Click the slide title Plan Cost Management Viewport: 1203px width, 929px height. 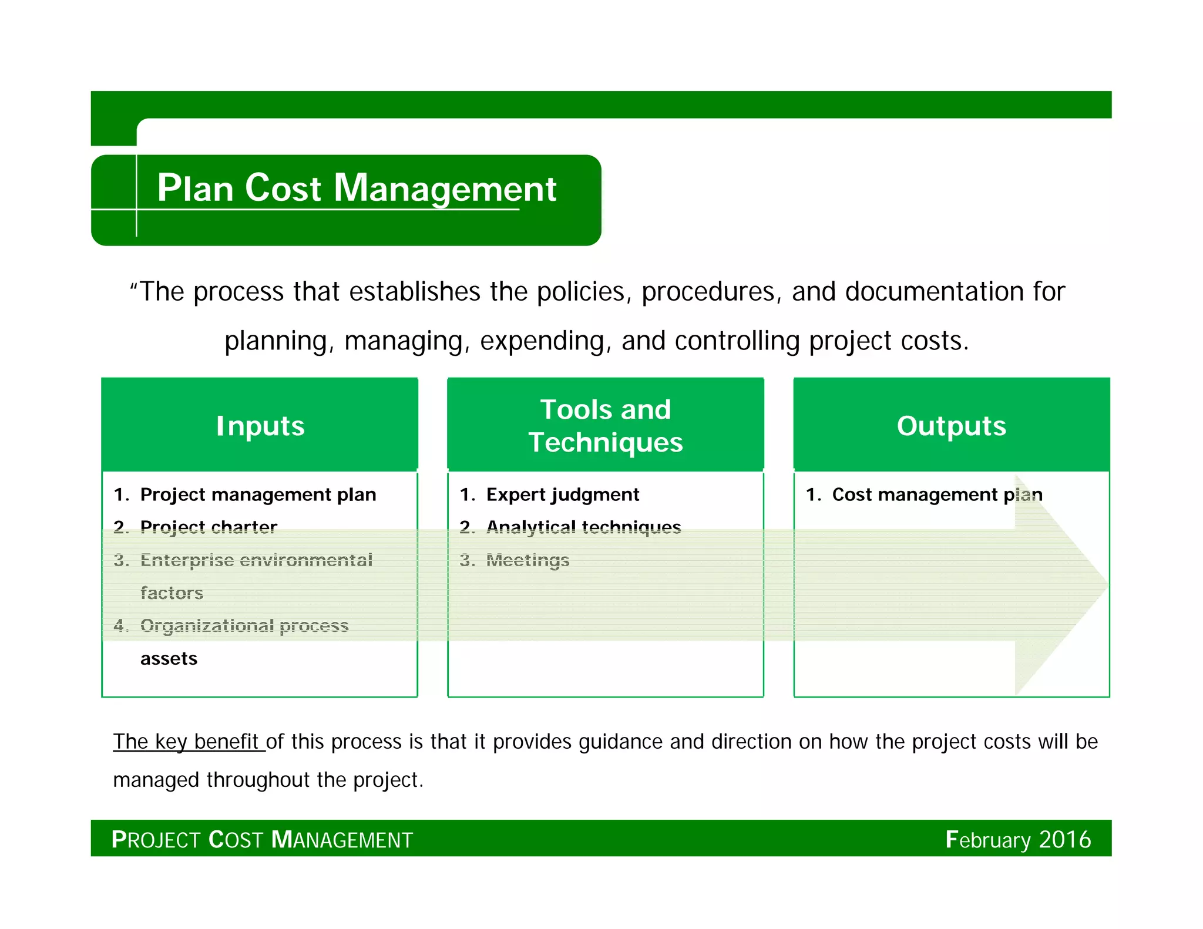[x=356, y=189]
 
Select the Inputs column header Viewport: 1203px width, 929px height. [x=260, y=426]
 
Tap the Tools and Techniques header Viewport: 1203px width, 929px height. [x=605, y=426]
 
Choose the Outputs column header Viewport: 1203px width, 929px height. [x=951, y=426]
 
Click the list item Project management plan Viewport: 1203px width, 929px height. [x=258, y=495]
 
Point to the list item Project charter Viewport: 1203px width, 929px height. [x=209, y=527]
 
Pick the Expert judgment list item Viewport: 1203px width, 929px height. [x=562, y=495]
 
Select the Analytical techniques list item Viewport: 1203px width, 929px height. [x=583, y=527]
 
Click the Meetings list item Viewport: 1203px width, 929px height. [x=527, y=560]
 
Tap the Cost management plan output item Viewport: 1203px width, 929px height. [x=937, y=495]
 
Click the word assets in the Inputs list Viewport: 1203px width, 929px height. [x=169, y=659]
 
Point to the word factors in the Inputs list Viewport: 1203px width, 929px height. [x=172, y=593]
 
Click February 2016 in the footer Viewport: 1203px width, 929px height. [x=1018, y=840]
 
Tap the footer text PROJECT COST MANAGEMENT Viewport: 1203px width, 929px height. [x=262, y=840]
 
